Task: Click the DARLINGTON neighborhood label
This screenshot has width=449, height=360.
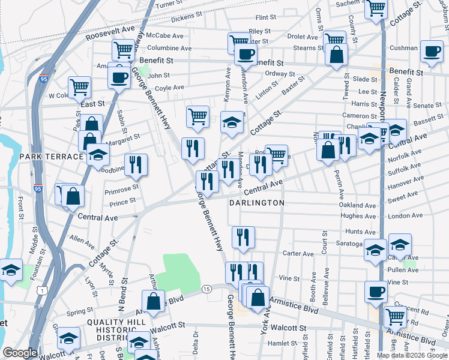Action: point(257,203)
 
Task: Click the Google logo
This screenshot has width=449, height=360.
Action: point(20,353)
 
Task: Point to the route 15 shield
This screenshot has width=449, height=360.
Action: point(206,289)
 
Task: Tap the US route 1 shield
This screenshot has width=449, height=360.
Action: point(41,290)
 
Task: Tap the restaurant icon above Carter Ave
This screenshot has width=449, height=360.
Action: point(243,236)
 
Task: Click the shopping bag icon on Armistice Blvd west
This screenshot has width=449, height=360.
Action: point(153,300)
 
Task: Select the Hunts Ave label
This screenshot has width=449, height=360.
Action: point(360,232)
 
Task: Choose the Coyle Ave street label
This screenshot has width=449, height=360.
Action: point(169,88)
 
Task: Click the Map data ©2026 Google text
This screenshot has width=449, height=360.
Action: point(412,355)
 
